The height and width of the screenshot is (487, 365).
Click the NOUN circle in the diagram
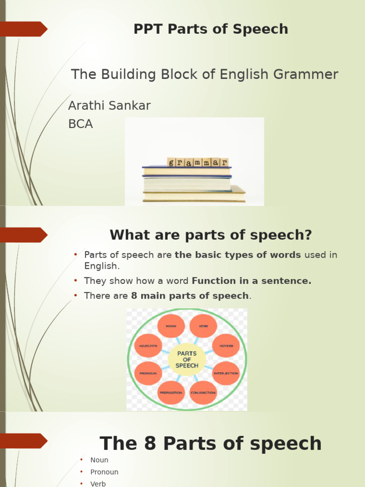pyautogui.click(x=171, y=326)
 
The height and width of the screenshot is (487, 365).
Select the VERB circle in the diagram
pyautogui.click(x=203, y=326)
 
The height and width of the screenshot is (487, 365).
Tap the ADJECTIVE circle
pyautogui.click(x=148, y=346)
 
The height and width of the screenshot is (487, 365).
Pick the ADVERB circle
pyautogui.click(x=226, y=346)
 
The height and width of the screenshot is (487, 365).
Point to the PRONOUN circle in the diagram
pyautogui.click(x=148, y=373)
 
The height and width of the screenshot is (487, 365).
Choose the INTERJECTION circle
pyautogui.click(x=226, y=373)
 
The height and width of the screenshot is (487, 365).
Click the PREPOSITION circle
pyautogui.click(x=171, y=392)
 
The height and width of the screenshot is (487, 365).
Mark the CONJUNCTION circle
pyautogui.click(x=203, y=392)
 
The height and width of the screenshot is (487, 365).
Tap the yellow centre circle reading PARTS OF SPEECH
pyautogui.click(x=187, y=360)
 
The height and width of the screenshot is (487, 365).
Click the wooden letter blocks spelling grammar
pyautogui.click(x=198, y=162)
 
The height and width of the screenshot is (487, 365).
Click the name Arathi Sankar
pyautogui.click(x=109, y=106)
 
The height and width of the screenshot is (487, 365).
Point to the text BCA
pyautogui.click(x=80, y=124)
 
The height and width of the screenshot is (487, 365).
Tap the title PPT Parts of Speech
pyautogui.click(x=211, y=29)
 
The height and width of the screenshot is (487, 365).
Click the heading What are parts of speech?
pyautogui.click(x=211, y=235)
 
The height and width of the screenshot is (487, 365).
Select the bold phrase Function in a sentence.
pyautogui.click(x=251, y=281)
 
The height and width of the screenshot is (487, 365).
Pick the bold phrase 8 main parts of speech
pyautogui.click(x=190, y=296)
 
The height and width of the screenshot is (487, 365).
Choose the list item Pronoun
pyautogui.click(x=105, y=472)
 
